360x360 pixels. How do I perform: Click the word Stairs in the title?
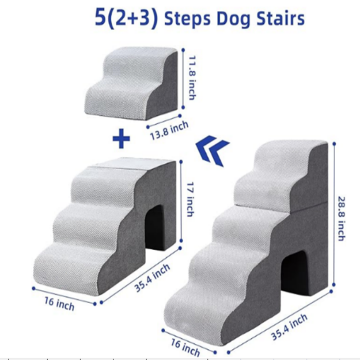[x=280, y=18]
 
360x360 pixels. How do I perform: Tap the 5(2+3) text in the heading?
[x=126, y=18]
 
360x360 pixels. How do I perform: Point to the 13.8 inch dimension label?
[x=169, y=130]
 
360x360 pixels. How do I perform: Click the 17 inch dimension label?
[x=190, y=199]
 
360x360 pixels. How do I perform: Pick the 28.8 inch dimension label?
[x=342, y=219]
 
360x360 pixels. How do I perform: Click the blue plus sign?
[x=121, y=139]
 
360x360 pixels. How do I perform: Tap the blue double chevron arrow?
[x=212, y=150]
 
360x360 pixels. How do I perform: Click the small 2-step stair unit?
[x=132, y=83]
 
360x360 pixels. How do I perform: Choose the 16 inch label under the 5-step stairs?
[x=185, y=347]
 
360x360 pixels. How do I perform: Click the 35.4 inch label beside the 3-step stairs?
[x=152, y=278]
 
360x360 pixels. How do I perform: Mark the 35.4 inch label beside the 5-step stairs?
[x=289, y=327]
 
